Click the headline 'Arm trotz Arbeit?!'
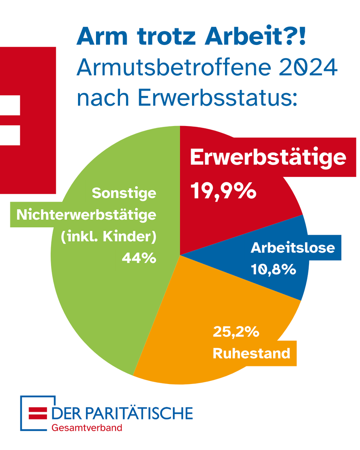tap(191, 37)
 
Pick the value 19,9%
tap(224, 191)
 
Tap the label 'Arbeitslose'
tap(292, 247)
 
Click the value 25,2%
tap(236, 331)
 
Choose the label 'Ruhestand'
tap(252, 353)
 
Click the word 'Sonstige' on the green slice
tap(124, 193)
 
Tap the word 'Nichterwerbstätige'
tap(86, 215)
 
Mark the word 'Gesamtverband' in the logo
tap(87, 427)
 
